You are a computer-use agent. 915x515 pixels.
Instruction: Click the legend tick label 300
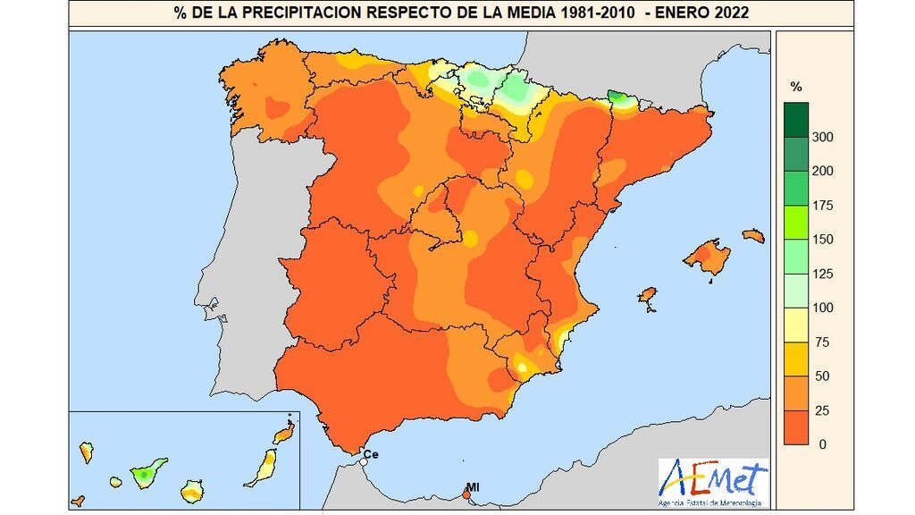tap(822, 137)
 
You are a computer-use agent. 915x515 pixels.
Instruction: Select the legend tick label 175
tap(822, 206)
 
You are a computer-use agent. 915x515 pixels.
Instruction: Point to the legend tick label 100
tap(822, 308)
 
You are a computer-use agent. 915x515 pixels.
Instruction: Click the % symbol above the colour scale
tap(796, 87)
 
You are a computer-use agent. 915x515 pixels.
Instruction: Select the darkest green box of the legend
tap(796, 120)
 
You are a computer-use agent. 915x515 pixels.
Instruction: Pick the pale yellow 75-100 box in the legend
tap(796, 325)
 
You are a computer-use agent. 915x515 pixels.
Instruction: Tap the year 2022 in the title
tap(730, 13)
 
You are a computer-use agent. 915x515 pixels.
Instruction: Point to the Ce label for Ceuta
tap(372, 455)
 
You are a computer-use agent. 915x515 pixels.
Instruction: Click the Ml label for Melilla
tap(474, 487)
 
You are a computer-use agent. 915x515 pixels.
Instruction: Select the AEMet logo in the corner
tap(712, 481)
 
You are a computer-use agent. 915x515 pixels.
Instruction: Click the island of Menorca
tap(753, 236)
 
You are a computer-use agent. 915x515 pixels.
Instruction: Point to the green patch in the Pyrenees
tap(617, 97)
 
